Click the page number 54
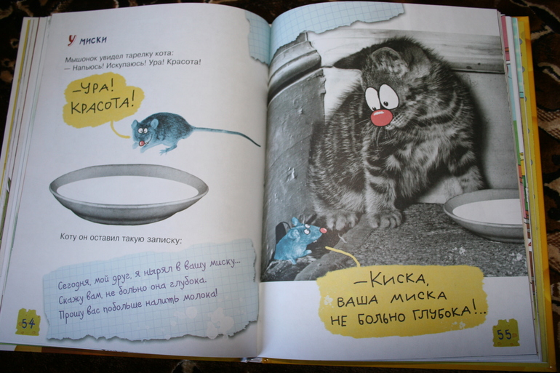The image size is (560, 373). tap(28, 324)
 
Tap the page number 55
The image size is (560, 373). tap(504, 334)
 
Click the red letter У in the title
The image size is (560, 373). tap(72, 40)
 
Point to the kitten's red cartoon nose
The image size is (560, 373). tap(381, 118)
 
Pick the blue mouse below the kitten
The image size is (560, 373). tap(300, 240)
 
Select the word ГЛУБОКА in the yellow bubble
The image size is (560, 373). tap(442, 313)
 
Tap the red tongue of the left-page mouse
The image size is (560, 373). tap(142, 143)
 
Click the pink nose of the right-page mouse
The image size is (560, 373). tap(324, 230)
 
